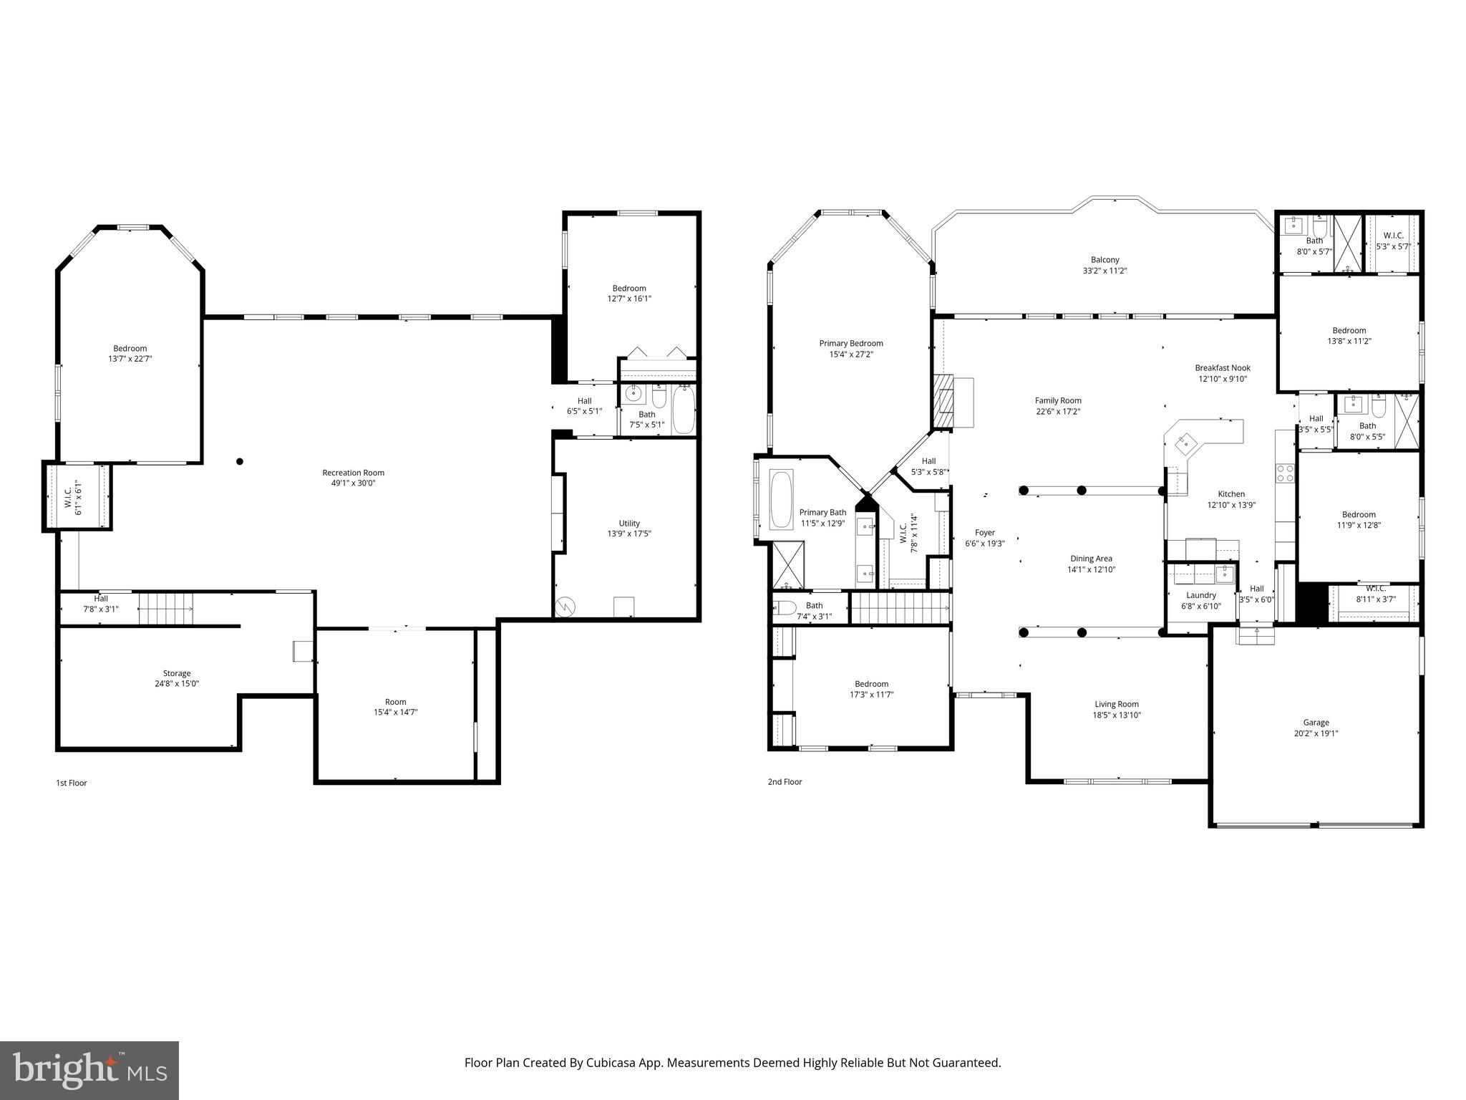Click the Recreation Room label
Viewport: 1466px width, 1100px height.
353,473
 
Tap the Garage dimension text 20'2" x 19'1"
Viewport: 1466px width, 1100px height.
1316,733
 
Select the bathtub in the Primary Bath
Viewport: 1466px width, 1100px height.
781,499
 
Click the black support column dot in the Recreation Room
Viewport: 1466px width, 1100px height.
240,462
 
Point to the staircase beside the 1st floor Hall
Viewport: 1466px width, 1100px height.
166,609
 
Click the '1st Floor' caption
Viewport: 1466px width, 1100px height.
72,783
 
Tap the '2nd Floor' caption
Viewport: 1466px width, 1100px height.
785,782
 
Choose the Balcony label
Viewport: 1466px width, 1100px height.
1105,260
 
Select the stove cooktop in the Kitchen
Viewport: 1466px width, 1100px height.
1285,473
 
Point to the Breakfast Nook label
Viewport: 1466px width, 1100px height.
1223,368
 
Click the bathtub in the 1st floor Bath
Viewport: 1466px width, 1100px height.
684,410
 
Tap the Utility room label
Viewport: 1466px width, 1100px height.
629,524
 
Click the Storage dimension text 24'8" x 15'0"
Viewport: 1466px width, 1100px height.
177,684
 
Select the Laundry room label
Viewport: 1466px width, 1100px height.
1200,595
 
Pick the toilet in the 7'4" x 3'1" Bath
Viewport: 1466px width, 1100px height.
785,609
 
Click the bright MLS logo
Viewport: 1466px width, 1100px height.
89,1071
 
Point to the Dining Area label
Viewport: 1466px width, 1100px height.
1091,559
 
